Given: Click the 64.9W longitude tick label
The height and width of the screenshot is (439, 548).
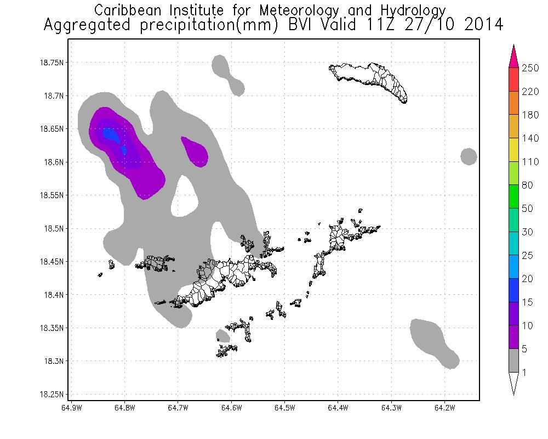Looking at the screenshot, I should click(x=72, y=408).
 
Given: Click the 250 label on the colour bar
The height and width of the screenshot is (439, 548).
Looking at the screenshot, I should click(x=530, y=68).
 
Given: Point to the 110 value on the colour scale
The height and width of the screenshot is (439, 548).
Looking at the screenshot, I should click(x=530, y=162).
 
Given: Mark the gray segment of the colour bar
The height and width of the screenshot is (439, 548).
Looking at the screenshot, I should click(x=514, y=361).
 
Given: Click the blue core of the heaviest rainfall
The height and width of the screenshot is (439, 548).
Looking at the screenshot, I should click(x=110, y=134).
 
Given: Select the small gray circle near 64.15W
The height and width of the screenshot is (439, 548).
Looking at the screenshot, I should click(x=469, y=156).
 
